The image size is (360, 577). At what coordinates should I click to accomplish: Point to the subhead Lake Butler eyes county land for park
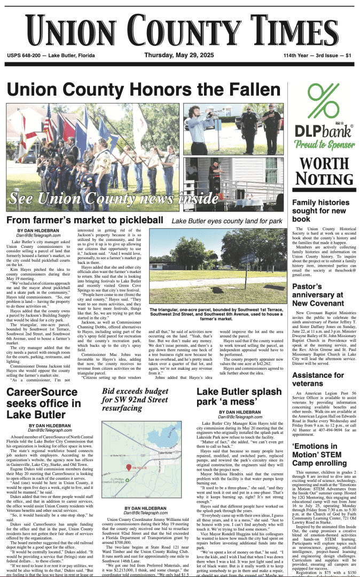click(x=227, y=221)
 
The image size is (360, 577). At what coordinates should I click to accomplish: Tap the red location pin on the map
click(x=128, y=466)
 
